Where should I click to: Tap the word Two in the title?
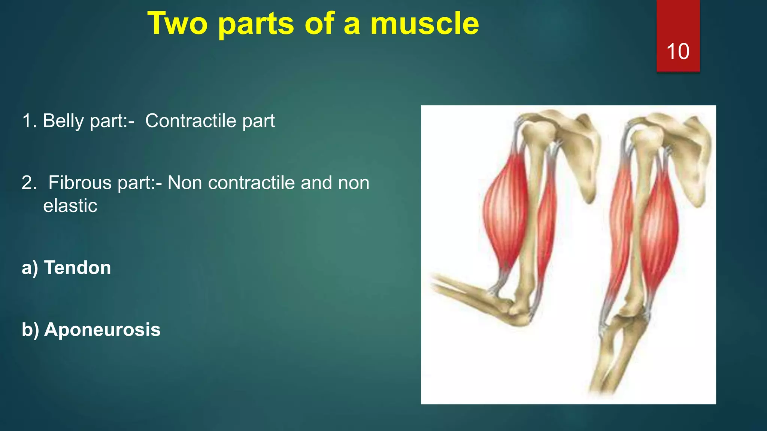(177, 24)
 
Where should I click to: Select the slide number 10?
(677, 51)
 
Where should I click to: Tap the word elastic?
(70, 206)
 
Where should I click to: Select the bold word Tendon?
(78, 268)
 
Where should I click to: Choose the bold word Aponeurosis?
(102, 330)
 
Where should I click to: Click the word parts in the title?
(256, 24)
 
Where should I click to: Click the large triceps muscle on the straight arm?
(659, 228)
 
